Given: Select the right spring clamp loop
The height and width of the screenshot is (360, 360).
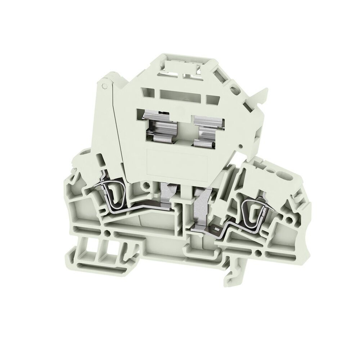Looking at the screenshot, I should click(251, 212).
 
